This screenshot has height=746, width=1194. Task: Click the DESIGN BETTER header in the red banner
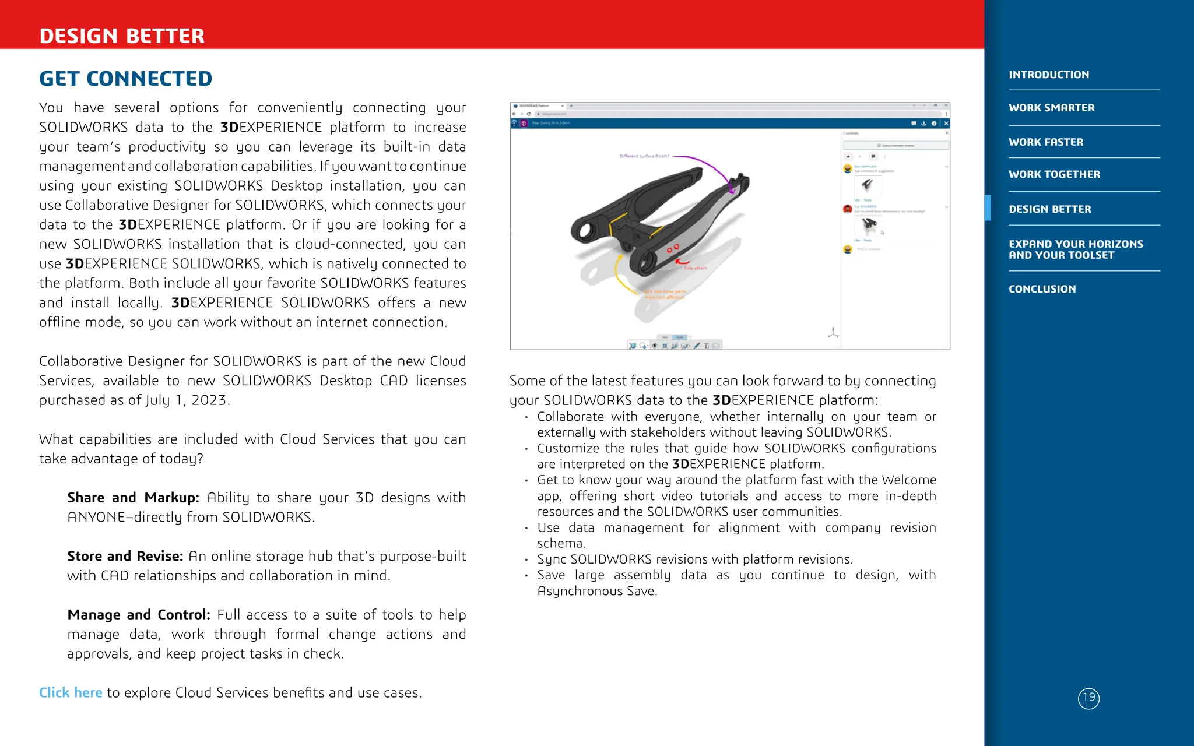tap(122, 36)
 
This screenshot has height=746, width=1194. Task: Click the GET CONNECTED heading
tap(125, 79)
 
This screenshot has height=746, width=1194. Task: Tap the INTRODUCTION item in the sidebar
tap(1048, 75)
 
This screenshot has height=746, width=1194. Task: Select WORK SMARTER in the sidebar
tap(1051, 108)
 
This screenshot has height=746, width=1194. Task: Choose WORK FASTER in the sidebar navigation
tap(1046, 142)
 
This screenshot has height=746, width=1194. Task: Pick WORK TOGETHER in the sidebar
tap(1054, 174)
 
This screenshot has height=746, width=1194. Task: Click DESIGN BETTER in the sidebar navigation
tap(1049, 209)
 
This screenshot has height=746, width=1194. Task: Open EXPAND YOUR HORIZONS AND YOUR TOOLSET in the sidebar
tap(1075, 249)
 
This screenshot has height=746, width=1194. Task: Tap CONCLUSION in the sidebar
tap(1042, 289)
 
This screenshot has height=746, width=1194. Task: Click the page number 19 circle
tap(1088, 698)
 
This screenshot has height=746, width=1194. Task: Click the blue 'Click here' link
tap(71, 692)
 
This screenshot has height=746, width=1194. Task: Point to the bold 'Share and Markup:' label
tap(133, 498)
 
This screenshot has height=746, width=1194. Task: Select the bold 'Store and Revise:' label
tap(125, 556)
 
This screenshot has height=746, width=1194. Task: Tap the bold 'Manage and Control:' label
tap(139, 615)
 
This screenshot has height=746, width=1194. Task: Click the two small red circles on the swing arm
tap(673, 249)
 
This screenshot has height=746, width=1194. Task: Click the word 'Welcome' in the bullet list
tap(908, 480)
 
